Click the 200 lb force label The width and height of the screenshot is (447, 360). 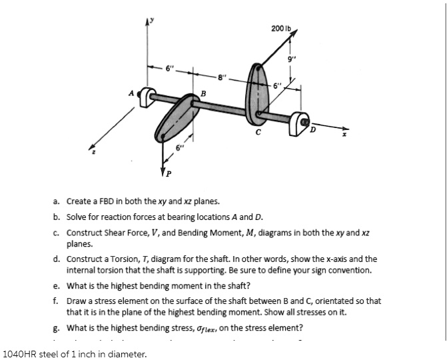[x=282, y=27]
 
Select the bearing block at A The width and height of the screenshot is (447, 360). [x=146, y=98]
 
